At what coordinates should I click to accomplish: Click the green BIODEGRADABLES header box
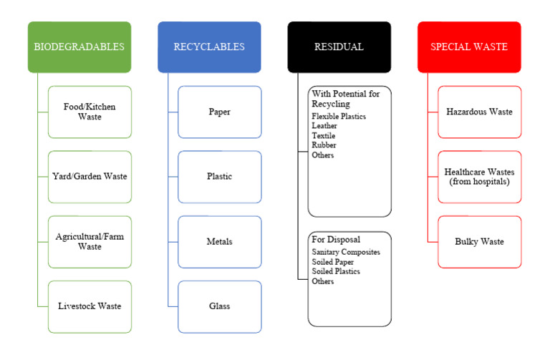tap(79, 47)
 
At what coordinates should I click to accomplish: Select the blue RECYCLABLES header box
tap(209, 47)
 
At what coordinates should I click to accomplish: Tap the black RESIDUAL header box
tap(339, 47)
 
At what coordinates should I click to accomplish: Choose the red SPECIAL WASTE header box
tap(469, 47)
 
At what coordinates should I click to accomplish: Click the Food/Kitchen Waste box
tap(90, 112)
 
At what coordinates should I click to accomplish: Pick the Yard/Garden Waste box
tap(90, 176)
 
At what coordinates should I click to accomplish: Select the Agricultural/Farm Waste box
tap(90, 241)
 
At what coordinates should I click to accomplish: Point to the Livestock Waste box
tap(90, 306)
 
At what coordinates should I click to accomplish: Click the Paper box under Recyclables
tap(219, 112)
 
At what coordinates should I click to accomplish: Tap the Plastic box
tap(219, 176)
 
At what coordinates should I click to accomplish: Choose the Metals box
tap(219, 241)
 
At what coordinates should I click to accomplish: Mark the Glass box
tap(219, 306)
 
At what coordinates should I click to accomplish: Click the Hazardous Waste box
tap(479, 112)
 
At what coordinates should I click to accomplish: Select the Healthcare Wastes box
tap(479, 176)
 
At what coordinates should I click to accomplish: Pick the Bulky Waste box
tap(479, 241)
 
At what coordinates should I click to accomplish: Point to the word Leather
tap(324, 125)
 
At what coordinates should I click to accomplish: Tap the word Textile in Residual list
tap(323, 135)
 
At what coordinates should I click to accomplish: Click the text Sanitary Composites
tap(345, 252)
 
